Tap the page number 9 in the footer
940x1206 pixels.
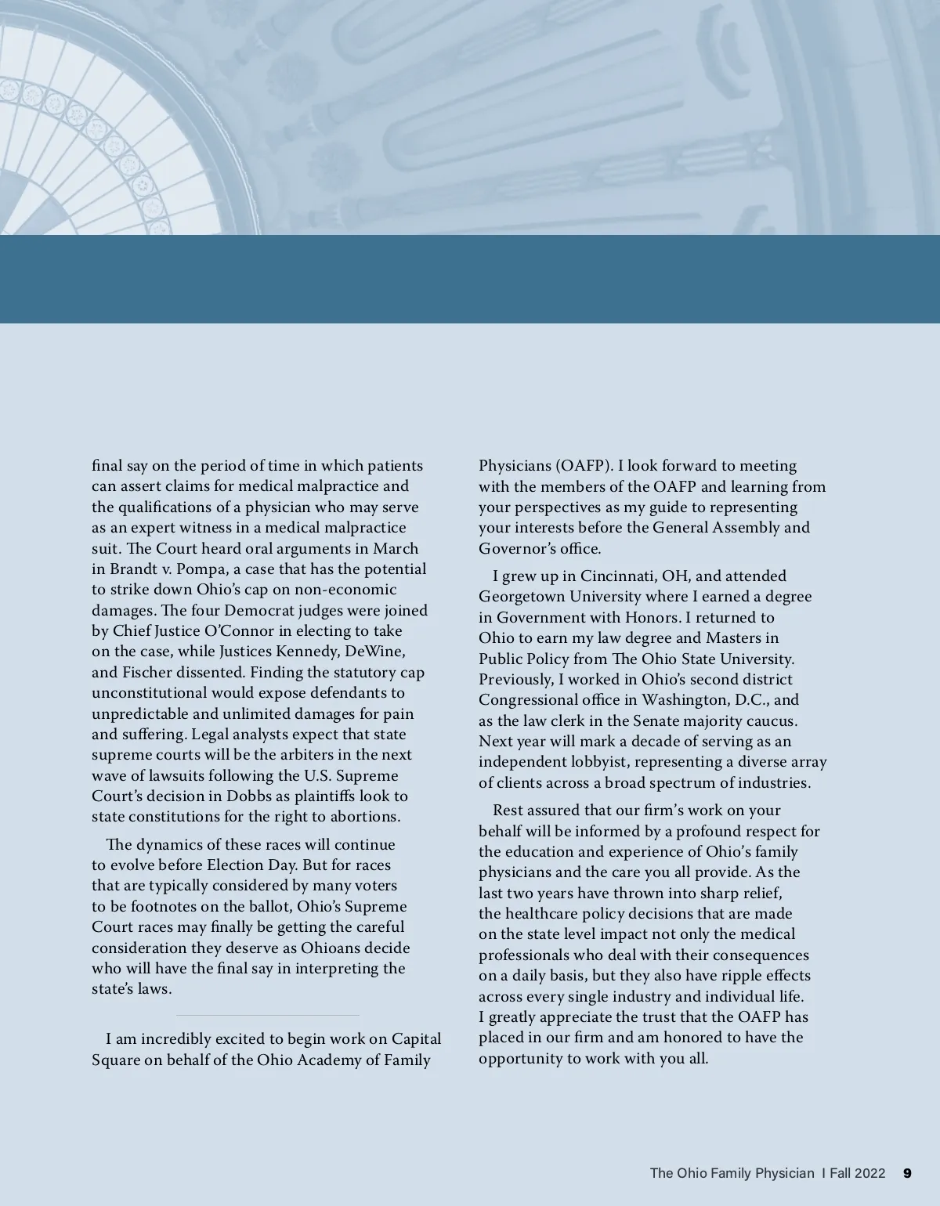pos(907,1173)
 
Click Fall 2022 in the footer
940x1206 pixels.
pos(858,1173)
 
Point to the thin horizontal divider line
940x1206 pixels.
pos(267,1016)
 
